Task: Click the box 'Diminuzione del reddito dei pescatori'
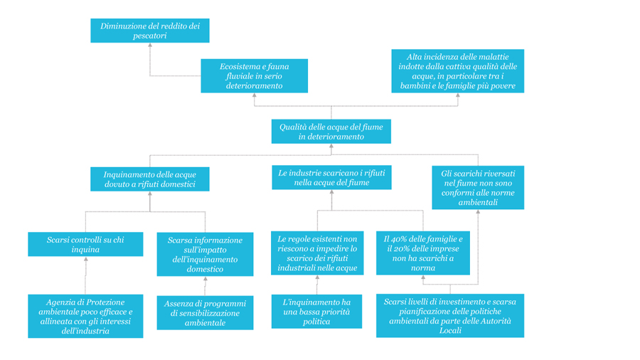(150, 31)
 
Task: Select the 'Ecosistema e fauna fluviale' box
(255, 76)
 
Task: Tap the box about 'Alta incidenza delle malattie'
(457, 71)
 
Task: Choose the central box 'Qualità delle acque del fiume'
(331, 132)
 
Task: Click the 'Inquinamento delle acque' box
(150, 179)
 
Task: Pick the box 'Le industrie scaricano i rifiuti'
(331, 178)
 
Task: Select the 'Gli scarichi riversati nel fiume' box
(478, 188)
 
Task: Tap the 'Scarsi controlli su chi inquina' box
(85, 244)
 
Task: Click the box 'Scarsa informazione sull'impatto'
(205, 254)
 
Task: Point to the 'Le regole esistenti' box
(317, 253)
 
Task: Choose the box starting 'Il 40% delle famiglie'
(423, 253)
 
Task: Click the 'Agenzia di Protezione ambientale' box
(85, 317)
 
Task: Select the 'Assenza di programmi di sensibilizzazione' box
(205, 312)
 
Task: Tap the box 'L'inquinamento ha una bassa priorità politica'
(316, 312)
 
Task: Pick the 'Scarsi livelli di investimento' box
(450, 315)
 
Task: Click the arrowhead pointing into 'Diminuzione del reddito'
(150, 45)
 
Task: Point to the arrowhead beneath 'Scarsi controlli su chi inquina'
(86, 259)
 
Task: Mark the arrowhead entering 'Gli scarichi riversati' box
(478, 212)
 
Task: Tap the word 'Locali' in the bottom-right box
(450, 330)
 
